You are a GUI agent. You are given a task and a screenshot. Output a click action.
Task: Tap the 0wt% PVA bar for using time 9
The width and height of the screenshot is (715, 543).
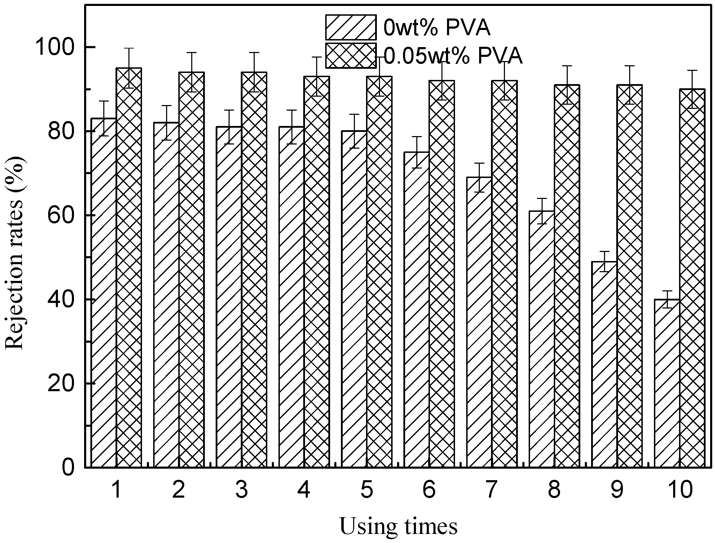[604, 364]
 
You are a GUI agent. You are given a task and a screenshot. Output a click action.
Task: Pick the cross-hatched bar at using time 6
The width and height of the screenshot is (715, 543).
[442, 274]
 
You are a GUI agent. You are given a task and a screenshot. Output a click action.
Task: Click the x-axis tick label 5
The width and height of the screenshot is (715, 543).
[366, 490]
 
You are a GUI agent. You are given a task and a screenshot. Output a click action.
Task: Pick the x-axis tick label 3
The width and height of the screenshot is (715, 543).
[241, 490]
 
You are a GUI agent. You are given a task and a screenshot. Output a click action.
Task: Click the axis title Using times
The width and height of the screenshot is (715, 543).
[398, 527]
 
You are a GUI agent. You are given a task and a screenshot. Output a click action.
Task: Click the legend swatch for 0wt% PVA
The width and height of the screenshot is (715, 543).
[351, 28]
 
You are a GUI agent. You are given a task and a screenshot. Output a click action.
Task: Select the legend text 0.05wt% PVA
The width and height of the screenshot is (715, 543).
[453, 56]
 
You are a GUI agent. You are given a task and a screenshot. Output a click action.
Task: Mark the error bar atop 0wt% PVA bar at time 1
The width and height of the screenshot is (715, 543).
[104, 118]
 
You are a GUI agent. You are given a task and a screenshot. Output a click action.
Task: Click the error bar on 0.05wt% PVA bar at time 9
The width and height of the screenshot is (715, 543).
[629, 85]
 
